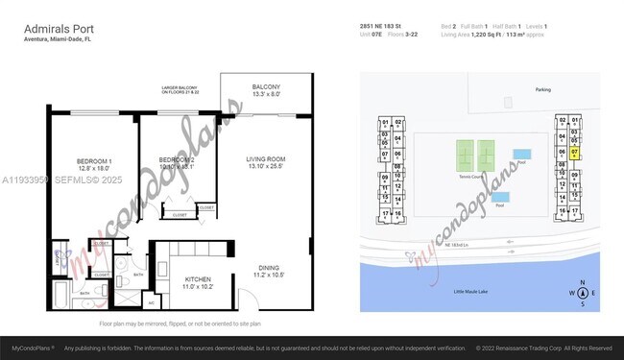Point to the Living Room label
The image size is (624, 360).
267,162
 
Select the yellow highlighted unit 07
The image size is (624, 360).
573,152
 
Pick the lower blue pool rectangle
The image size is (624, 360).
499,198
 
